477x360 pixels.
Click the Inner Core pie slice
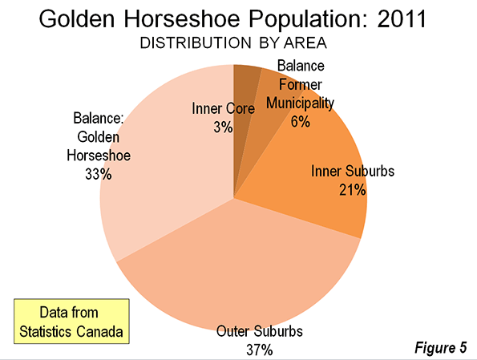point(244,91)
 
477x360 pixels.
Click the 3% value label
point(223,127)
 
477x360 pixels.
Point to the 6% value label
point(301,123)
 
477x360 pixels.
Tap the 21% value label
point(352,190)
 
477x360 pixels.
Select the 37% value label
point(259,350)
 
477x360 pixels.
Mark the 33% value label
point(99,174)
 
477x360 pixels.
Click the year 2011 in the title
point(402,19)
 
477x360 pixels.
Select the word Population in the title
point(308,19)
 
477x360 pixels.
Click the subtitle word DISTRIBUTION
point(196,43)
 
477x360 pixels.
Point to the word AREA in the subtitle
point(305,43)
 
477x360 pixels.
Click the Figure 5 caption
point(440,347)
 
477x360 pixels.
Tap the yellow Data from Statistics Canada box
point(71,322)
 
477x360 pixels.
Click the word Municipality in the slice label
point(300,103)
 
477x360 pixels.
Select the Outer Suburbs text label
point(260,331)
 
